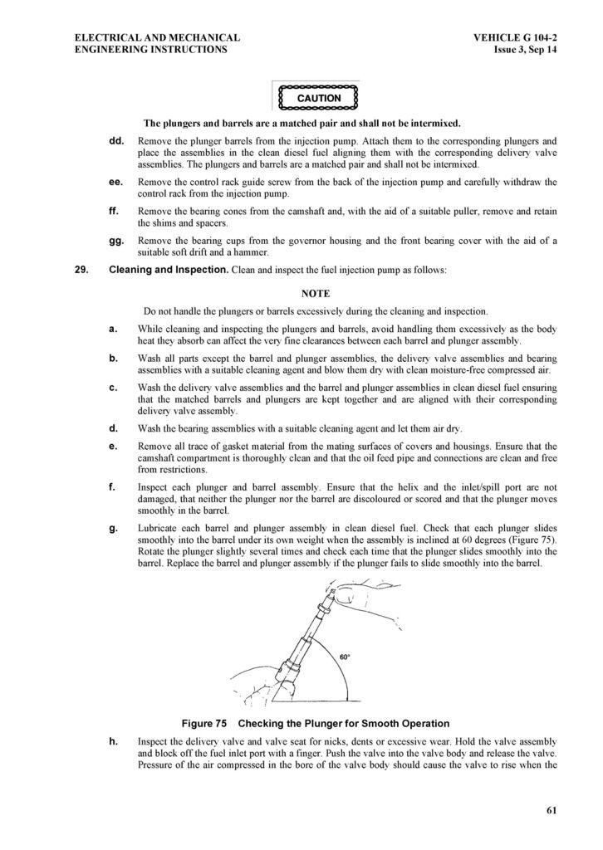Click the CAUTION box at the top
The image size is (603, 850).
point(318,97)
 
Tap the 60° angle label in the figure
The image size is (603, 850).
point(345,657)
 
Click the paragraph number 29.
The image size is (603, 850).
point(81,270)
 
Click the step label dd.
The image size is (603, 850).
point(116,141)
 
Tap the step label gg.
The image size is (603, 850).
point(116,241)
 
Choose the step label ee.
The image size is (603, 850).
point(116,181)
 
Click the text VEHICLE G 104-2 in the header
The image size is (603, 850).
point(515,37)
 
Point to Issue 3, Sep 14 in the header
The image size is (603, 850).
point(525,50)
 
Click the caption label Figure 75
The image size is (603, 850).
point(204,723)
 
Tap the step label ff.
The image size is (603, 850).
point(115,211)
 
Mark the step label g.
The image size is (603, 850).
point(113,528)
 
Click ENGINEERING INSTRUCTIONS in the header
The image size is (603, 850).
point(150,50)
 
